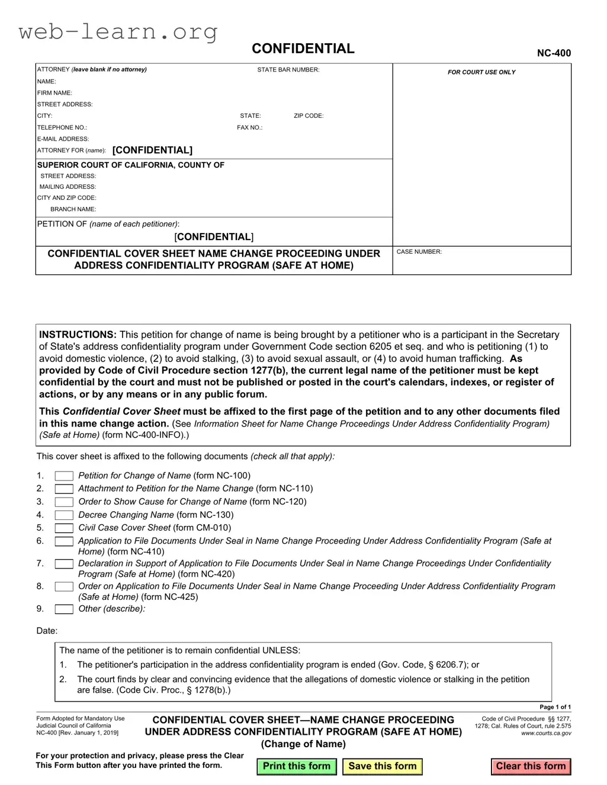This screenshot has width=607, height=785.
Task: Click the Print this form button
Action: (296, 766)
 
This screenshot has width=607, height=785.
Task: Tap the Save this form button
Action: (382, 766)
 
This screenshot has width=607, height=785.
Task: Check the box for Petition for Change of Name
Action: (64, 476)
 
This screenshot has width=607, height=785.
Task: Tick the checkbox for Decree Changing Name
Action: (64, 515)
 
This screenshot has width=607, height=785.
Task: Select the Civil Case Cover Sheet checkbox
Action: (64, 528)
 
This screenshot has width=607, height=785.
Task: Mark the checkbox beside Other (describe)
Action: (64, 609)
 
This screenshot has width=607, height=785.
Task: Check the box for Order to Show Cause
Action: (64, 502)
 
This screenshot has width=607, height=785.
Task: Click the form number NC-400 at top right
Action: (554, 53)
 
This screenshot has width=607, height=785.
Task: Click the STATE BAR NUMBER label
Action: (288, 70)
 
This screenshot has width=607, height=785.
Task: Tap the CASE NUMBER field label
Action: (419, 252)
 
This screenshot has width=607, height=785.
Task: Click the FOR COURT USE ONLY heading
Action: (481, 72)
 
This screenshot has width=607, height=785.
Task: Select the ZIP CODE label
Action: (309, 116)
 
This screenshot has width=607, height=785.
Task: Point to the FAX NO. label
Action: (249, 128)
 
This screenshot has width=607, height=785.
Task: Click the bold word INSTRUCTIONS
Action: (78, 335)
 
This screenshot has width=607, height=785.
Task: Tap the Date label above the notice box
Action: (47, 631)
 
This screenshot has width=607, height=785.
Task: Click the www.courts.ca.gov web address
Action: (546, 734)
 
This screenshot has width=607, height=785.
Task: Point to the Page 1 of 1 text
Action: (555, 707)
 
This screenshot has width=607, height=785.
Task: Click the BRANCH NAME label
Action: (73, 209)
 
